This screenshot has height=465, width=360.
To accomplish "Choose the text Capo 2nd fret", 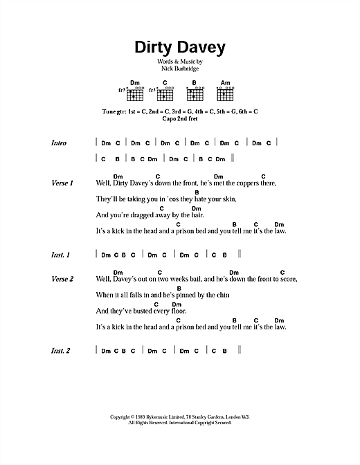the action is click(x=179, y=118).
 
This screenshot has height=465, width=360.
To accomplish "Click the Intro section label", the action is click(x=59, y=143).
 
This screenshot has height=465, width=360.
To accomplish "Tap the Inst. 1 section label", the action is click(x=60, y=255).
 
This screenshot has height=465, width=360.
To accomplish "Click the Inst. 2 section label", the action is click(x=60, y=352).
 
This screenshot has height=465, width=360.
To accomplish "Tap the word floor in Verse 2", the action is click(x=175, y=311).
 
